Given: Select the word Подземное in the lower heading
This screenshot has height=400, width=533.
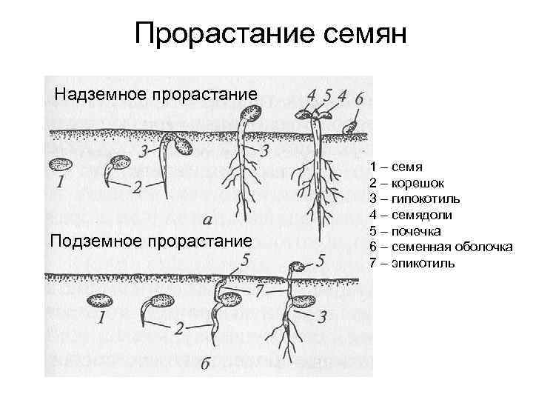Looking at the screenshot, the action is click(94, 241).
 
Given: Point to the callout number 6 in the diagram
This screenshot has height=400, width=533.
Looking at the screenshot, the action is click(359, 98).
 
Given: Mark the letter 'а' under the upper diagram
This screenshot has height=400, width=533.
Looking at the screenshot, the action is click(208, 219).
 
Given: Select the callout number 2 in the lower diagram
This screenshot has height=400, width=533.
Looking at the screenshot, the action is click(178, 329).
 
